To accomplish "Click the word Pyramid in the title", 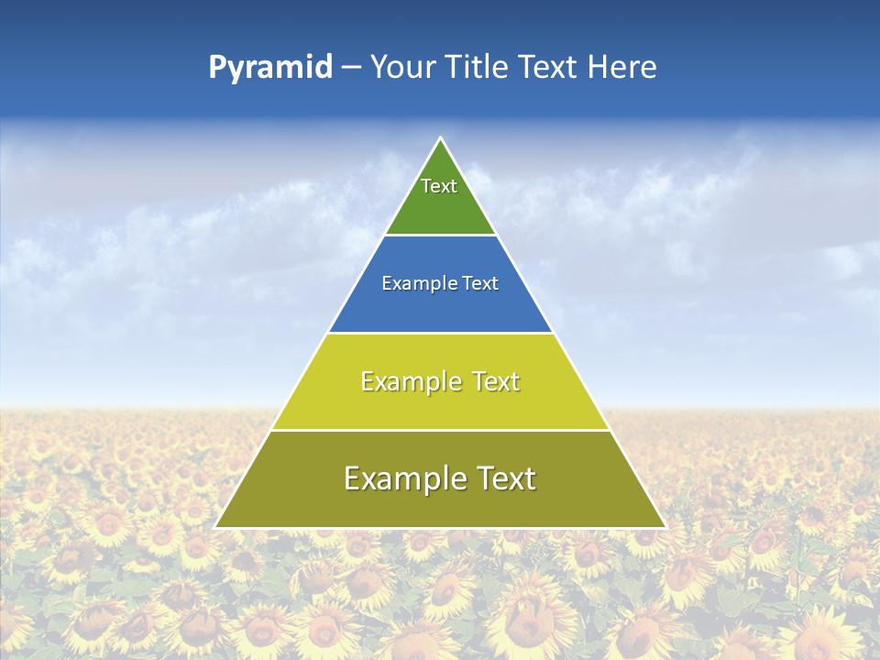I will (x=269, y=68).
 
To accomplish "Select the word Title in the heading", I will (x=477, y=67).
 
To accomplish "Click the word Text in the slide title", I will (x=549, y=67).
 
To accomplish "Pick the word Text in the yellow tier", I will (x=495, y=381).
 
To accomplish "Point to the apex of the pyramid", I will (x=440, y=138).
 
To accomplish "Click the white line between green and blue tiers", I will (x=440, y=236).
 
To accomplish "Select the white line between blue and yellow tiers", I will (x=440, y=333).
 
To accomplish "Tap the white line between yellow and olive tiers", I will (x=440, y=430).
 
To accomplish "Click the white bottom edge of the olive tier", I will (x=440, y=528).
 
